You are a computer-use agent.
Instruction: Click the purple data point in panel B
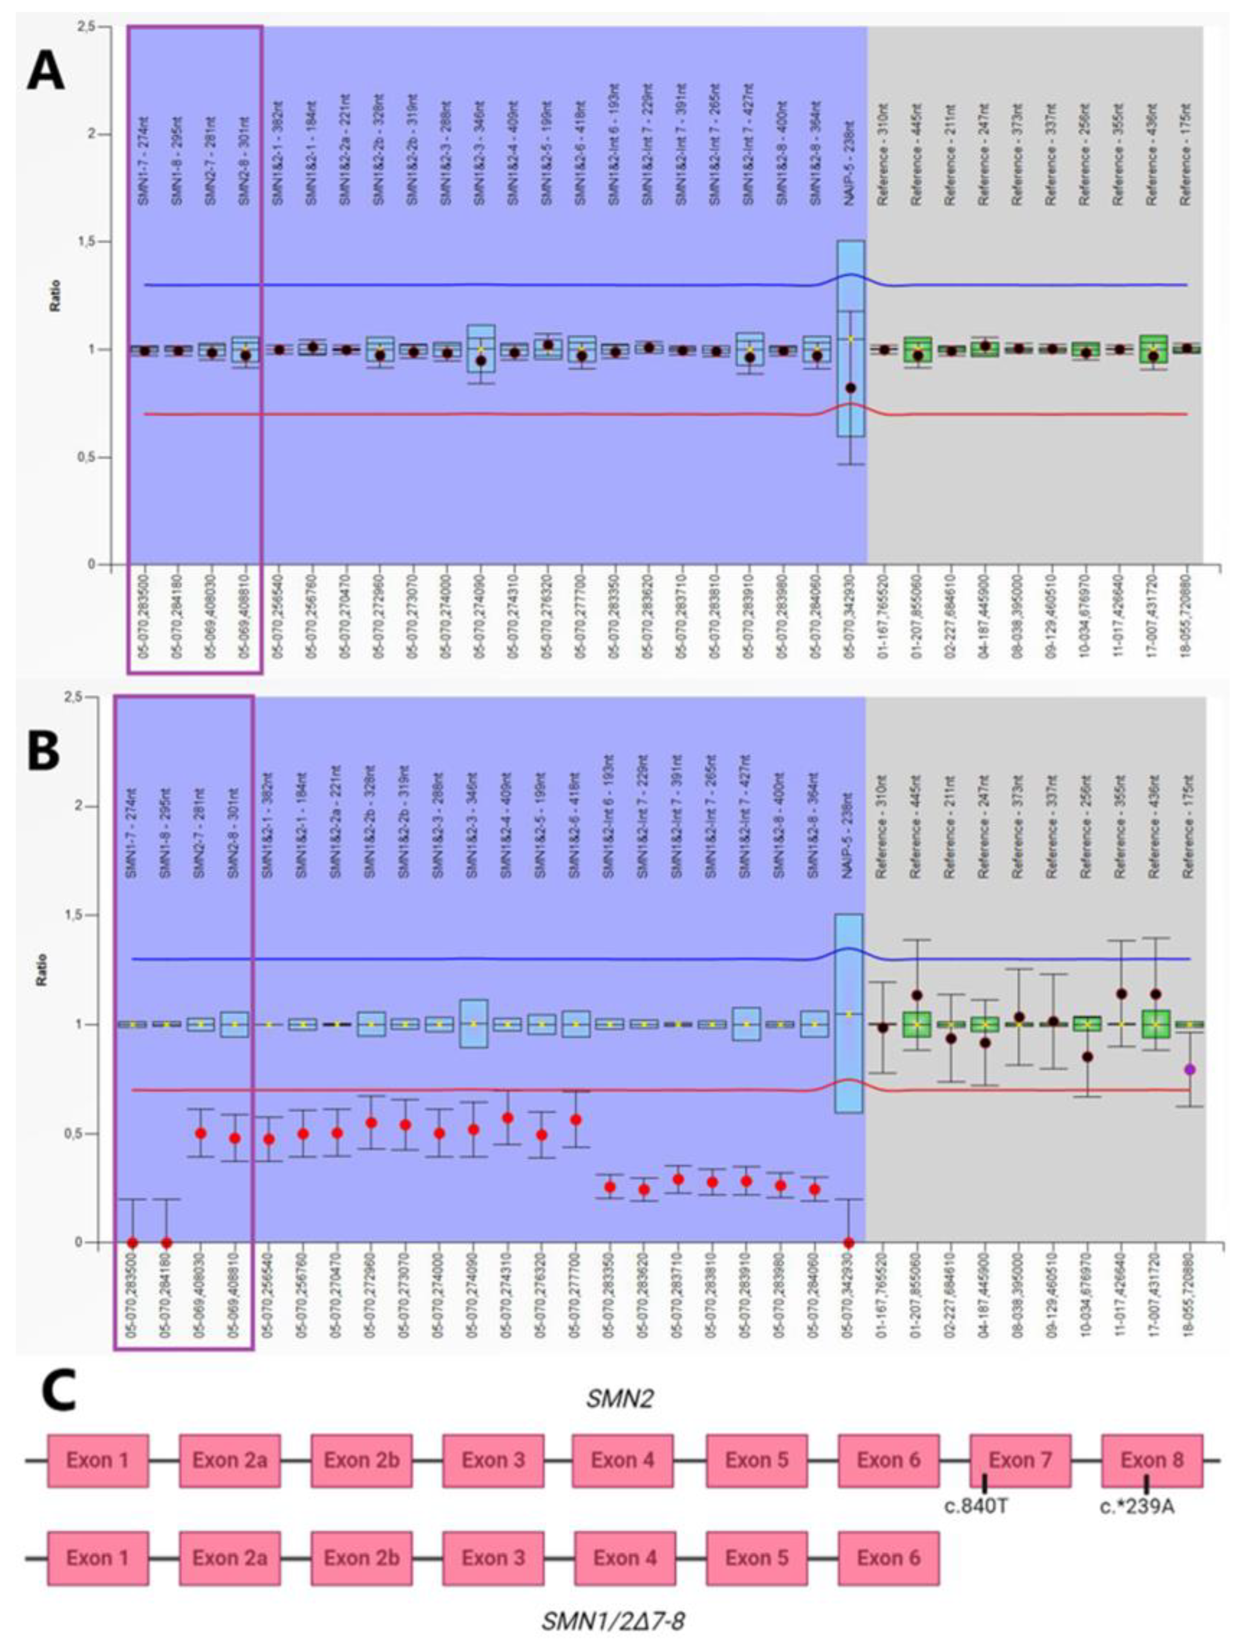click(x=1190, y=1070)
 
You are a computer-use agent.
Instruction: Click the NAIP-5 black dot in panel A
click(x=850, y=388)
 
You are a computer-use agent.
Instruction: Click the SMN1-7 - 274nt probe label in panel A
click(x=144, y=160)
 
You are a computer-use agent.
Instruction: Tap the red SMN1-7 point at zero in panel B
click(x=132, y=1243)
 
